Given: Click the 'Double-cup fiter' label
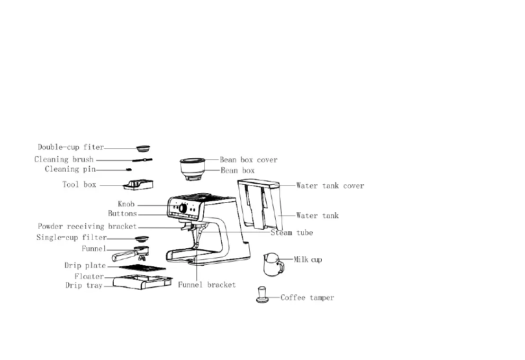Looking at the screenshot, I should tap(70, 147).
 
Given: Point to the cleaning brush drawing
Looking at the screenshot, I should tap(142, 159).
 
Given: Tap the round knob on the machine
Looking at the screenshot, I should tap(183, 209).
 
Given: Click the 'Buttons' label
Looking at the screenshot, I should tap(122, 214).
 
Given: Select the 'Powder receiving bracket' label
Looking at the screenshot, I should tap(87, 227).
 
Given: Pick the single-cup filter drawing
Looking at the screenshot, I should tap(141, 238).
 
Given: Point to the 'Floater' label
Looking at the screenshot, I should tap(89, 276).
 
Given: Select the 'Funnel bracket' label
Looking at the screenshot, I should tap(206, 285).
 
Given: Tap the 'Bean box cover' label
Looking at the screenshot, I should tap(249, 159).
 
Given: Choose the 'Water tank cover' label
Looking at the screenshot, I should tap(330, 186).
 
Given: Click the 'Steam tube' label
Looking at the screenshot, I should tap(292, 233).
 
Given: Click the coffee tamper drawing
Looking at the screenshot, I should tap(262, 295).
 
